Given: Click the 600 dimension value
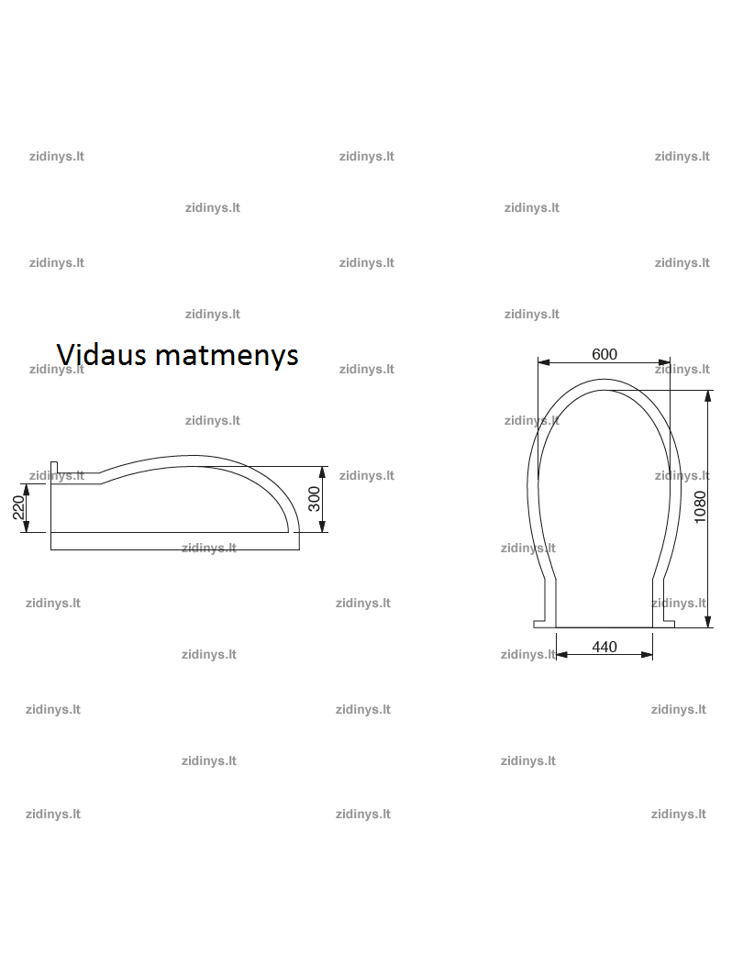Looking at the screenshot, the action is pyautogui.click(x=604, y=354).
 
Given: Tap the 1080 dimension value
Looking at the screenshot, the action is pyautogui.click(x=700, y=507).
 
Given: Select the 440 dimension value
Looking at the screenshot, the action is pyautogui.click(x=604, y=648).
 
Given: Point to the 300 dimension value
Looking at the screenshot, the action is pyautogui.click(x=315, y=499).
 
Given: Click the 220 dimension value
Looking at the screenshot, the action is pyautogui.click(x=18, y=507).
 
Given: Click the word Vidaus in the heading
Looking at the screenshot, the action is pyautogui.click(x=102, y=355).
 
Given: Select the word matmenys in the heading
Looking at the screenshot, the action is pyautogui.click(x=227, y=356).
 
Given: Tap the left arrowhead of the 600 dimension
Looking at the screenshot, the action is pyautogui.click(x=544, y=362).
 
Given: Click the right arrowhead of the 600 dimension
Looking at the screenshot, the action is pyautogui.click(x=664, y=362).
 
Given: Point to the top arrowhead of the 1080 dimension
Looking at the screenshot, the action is pyautogui.click(x=708, y=396).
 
